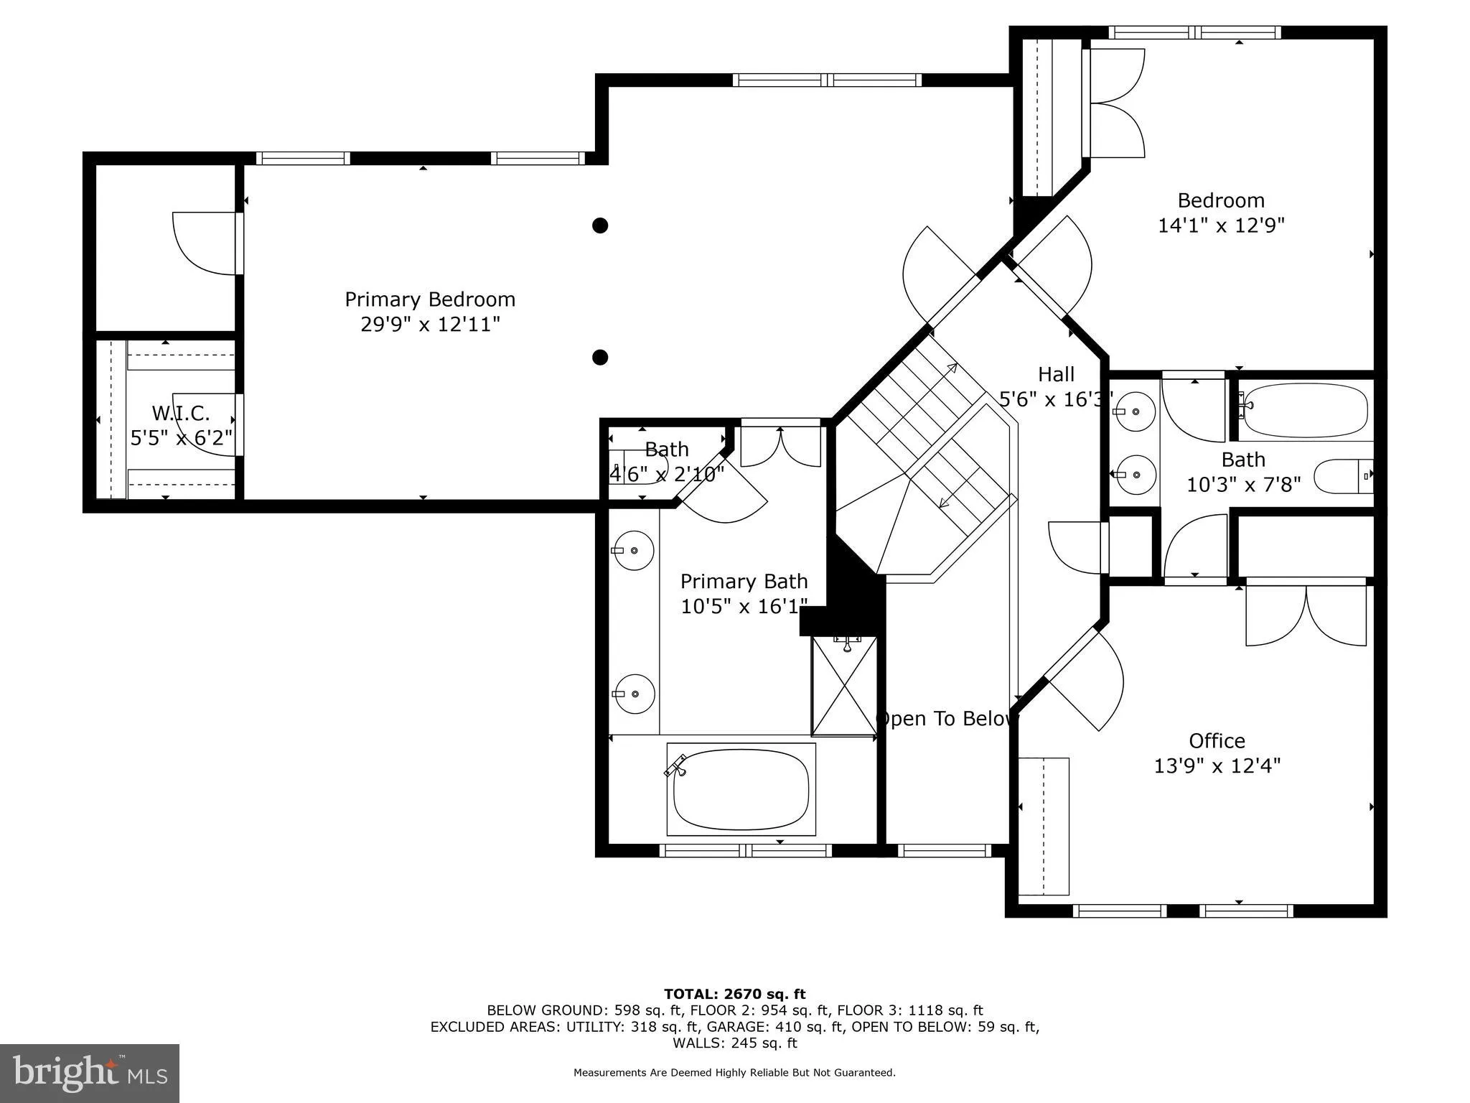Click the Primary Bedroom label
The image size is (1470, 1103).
tap(430, 299)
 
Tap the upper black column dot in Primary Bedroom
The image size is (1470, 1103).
tap(600, 225)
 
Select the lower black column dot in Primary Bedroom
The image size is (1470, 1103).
tap(600, 357)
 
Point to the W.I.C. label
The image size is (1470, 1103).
tap(181, 414)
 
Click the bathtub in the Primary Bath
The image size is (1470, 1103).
tap(741, 789)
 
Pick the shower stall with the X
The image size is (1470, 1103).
tap(844, 686)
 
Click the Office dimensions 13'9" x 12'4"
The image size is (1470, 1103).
tap(1217, 766)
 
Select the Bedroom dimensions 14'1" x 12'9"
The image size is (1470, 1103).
tap(1221, 225)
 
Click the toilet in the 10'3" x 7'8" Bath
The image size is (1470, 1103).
tap(1344, 476)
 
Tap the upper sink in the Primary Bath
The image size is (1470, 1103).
tap(634, 550)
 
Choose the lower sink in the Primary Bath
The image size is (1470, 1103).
tap(635, 694)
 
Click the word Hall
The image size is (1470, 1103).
tap(1057, 374)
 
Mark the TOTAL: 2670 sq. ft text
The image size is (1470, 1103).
tap(735, 995)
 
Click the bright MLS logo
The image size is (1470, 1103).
tap(90, 1073)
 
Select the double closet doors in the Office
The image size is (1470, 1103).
tap(1306, 615)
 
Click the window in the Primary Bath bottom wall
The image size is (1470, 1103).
tap(745, 851)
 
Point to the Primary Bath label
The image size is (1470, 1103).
tap(744, 581)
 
